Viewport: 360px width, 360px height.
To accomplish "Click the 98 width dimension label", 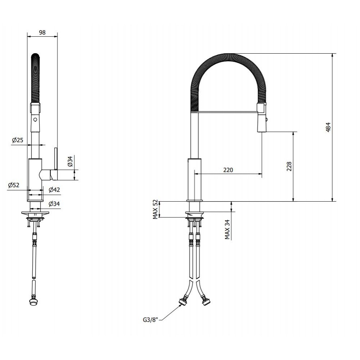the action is point(42,32).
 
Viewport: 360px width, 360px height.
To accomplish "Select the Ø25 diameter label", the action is point(18,140).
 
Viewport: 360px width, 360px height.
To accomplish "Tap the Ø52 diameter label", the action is point(14,185).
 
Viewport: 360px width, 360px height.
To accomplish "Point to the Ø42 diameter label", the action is point(54,190).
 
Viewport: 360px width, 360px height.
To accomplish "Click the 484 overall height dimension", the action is point(328,127).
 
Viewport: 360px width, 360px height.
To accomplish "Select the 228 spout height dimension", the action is point(289,166).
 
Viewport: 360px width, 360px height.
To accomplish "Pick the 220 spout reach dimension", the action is point(228,170).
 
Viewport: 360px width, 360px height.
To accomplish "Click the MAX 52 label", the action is point(156,209).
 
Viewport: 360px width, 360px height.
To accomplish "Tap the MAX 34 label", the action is point(227,230).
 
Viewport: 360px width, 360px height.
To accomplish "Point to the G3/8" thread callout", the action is point(150,320).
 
